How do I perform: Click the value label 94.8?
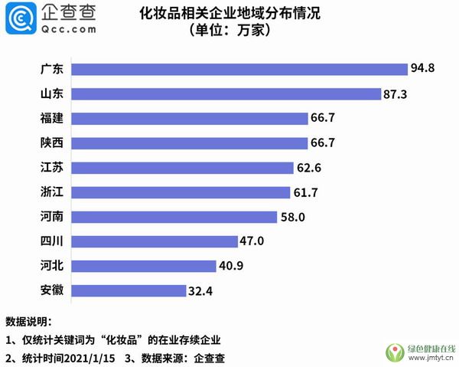coord(422,69)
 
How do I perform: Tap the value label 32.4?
coord(201,290)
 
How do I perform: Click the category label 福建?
coord(52,119)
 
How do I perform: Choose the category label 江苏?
coord(52,168)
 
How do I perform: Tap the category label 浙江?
coord(52,192)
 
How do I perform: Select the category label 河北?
coord(52,266)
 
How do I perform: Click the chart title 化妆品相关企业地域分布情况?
coord(229,14)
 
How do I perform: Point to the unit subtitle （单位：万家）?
coord(229,33)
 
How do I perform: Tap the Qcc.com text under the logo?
coord(68,29)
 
